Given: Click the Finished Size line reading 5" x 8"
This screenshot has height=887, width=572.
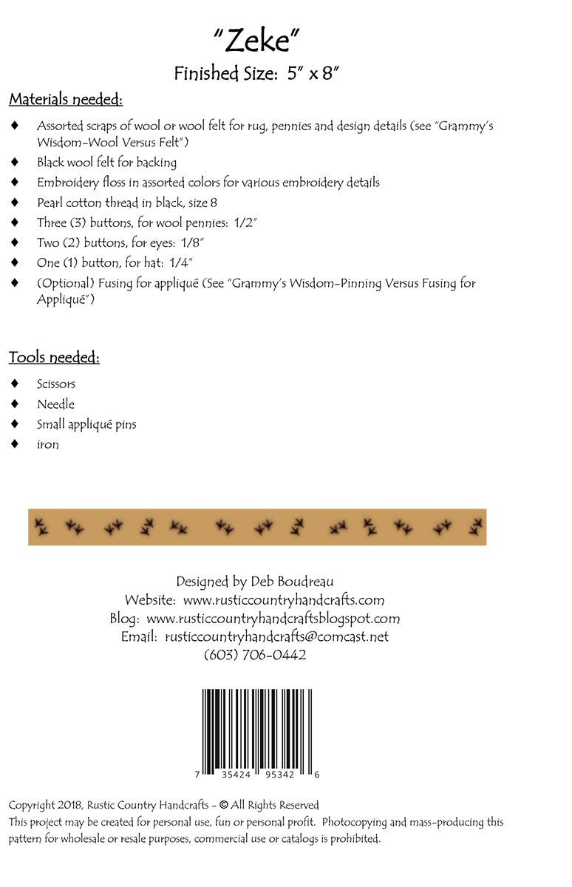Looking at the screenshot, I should (x=256, y=73).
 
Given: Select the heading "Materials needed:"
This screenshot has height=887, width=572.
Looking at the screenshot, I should (x=66, y=99).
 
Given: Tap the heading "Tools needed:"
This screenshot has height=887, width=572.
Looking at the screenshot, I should (x=54, y=358).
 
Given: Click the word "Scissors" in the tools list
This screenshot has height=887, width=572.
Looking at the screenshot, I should (x=56, y=384).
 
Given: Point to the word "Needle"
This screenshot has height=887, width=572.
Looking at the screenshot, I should (x=55, y=404).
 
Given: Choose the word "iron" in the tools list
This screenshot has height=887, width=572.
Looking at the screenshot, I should (x=48, y=444).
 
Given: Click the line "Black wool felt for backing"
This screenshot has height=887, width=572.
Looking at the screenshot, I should (x=106, y=162).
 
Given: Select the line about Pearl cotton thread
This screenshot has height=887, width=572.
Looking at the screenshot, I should (x=126, y=202).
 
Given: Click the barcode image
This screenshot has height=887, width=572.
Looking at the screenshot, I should (x=257, y=732).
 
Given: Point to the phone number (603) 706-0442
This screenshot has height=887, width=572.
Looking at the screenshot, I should (x=255, y=655).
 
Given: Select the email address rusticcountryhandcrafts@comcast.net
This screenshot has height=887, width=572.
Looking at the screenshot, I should (x=276, y=636).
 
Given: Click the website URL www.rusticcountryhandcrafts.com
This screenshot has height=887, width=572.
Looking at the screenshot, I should (x=284, y=600).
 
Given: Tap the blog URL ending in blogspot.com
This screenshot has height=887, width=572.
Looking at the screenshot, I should (x=273, y=619).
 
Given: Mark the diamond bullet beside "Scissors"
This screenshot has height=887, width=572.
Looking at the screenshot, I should (x=15, y=384).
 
